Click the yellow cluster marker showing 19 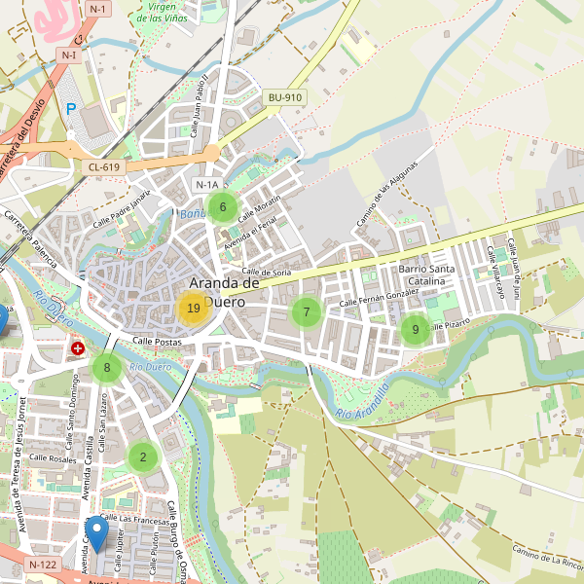[193, 309]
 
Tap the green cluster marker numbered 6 [223, 206]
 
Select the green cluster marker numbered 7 [306, 312]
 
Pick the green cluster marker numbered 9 [416, 329]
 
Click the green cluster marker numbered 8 [107, 368]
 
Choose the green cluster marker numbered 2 [143, 456]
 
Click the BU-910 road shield [285, 97]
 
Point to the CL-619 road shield [103, 167]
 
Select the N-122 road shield [44, 565]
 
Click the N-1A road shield [207, 185]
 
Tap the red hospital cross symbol [78, 347]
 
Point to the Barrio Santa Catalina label [426, 275]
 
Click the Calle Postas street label [158, 342]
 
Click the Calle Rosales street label [53, 458]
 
